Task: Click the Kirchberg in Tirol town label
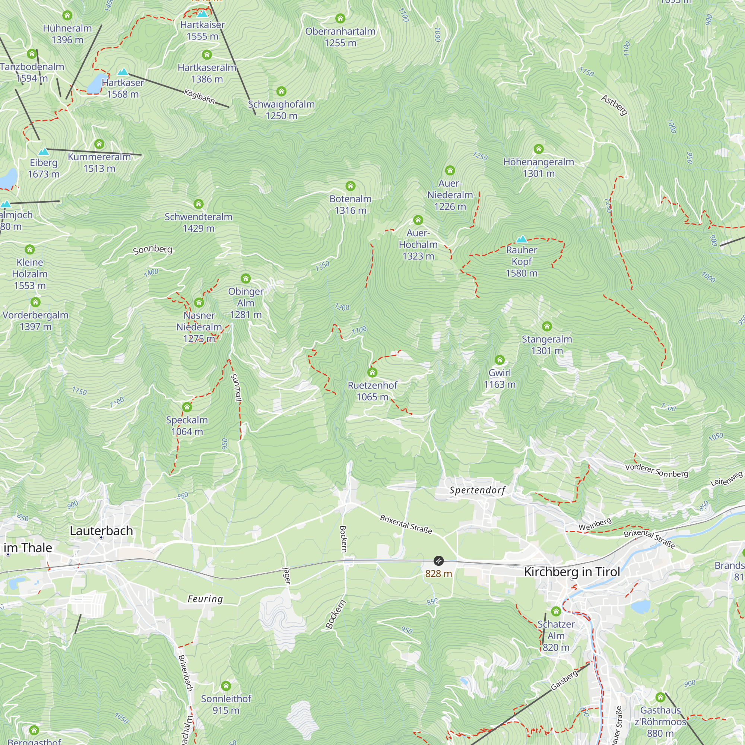tap(572, 571)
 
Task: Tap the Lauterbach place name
tap(101, 530)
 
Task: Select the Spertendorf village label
tap(477, 490)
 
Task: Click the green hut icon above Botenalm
tap(350, 186)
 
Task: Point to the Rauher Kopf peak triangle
tap(521, 239)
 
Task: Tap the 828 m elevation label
tap(438, 573)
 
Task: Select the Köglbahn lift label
tap(199, 96)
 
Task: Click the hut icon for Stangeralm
tap(546, 327)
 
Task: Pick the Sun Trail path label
tap(236, 388)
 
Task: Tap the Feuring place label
tap(205, 599)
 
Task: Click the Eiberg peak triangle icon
tap(44, 152)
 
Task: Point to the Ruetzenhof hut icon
tap(372, 372)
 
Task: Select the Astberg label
tap(614, 105)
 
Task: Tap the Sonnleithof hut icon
tap(226, 686)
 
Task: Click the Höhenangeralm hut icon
tap(538, 149)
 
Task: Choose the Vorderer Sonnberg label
tap(656, 470)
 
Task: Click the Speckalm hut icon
tap(187, 407)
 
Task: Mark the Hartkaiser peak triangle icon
tap(202, 14)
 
